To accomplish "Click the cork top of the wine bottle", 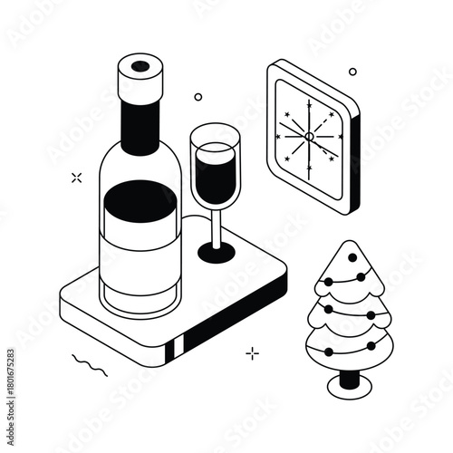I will coord(141,66).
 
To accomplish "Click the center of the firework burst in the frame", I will coord(308,136).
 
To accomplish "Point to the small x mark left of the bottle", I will coord(76,178).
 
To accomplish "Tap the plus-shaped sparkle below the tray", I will coord(252,352).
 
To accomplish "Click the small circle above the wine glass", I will coord(198,96).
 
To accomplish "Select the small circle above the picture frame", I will coord(352,72).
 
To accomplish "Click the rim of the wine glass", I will coord(214,133).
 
